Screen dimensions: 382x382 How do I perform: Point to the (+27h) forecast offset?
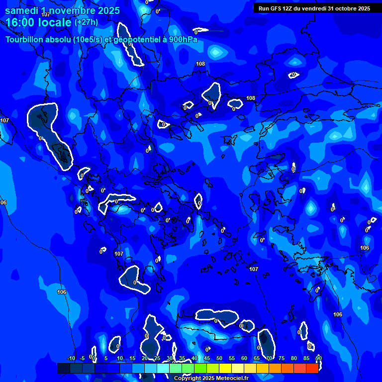(86, 22)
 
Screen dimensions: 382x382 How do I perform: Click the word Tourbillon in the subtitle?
(24, 39)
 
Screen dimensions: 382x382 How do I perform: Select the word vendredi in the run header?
(312, 8)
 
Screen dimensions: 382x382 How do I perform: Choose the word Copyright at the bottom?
(189, 379)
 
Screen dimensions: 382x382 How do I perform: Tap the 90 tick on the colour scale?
(318, 358)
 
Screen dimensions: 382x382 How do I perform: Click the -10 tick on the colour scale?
(71, 358)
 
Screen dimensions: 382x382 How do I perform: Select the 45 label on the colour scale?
(207, 358)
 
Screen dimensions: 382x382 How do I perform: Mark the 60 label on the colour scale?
(244, 358)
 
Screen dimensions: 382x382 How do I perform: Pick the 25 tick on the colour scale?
(157, 358)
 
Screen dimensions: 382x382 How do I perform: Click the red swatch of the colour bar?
(312, 368)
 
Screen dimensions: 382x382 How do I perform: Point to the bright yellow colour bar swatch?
(225, 368)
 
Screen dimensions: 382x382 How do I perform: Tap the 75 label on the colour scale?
(282, 358)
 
